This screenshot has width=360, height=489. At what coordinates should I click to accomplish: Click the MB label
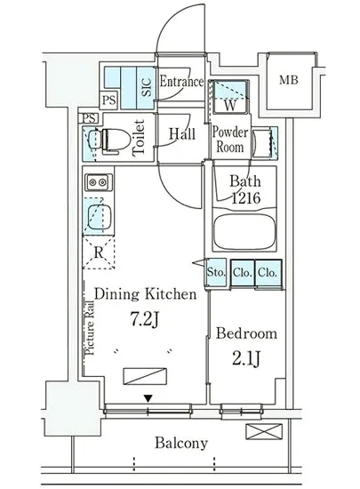(x=289, y=80)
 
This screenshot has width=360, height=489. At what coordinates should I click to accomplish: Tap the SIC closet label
(x=147, y=87)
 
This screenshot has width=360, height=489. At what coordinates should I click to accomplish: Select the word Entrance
(x=181, y=82)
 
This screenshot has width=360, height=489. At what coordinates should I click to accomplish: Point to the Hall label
(x=182, y=134)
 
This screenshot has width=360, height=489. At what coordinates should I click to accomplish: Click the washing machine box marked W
(x=229, y=97)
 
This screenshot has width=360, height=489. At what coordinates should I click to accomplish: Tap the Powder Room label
(x=230, y=140)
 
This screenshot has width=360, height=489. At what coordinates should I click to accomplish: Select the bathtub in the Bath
(x=245, y=231)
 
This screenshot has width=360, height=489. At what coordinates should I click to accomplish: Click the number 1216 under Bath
(x=245, y=197)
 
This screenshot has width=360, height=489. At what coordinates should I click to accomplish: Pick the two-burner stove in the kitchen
(x=99, y=181)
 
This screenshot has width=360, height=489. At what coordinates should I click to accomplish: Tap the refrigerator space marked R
(x=99, y=253)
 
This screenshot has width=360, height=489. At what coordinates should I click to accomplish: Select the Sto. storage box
(x=216, y=273)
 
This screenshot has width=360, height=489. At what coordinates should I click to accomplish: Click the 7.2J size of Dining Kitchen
(x=145, y=320)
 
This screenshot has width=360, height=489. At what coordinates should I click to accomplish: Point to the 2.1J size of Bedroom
(x=245, y=358)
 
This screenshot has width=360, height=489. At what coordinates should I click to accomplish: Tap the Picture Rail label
(x=90, y=328)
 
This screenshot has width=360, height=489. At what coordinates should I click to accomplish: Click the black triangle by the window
(x=148, y=398)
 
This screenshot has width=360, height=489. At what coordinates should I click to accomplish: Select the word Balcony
(x=181, y=443)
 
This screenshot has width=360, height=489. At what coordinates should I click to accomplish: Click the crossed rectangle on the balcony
(x=264, y=431)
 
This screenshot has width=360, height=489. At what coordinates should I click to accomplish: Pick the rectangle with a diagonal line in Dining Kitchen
(x=145, y=376)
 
